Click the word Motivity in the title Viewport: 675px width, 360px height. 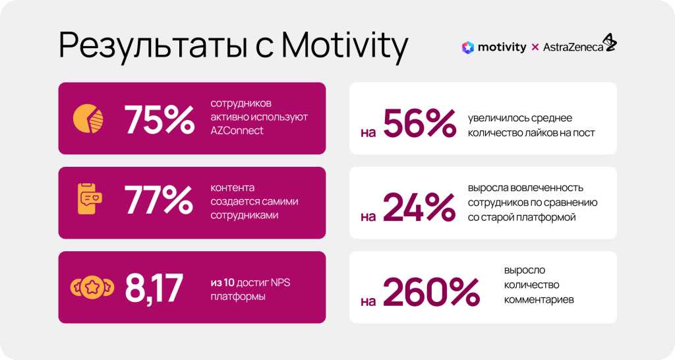(x=344, y=45)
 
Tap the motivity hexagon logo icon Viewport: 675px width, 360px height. (x=468, y=47)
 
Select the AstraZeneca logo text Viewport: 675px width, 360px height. (x=573, y=47)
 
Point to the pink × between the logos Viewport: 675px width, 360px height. (x=535, y=47)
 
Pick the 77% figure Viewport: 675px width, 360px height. (x=159, y=202)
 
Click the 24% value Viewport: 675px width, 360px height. (x=419, y=208)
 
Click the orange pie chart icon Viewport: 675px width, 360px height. (x=88, y=118)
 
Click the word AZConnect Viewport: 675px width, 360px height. (x=237, y=131)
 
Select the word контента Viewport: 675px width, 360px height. (x=233, y=188)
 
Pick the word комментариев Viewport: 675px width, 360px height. (x=539, y=299)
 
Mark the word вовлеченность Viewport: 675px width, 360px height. (x=551, y=188)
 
